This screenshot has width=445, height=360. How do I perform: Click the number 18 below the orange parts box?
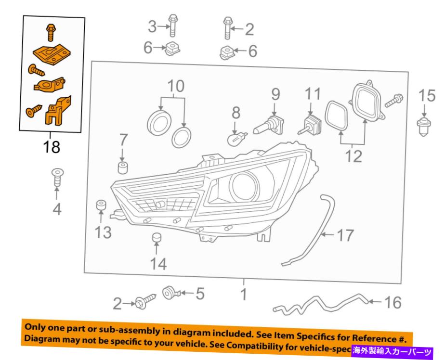52,147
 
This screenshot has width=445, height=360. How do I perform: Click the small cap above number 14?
156,238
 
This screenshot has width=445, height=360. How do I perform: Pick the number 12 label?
354,156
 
